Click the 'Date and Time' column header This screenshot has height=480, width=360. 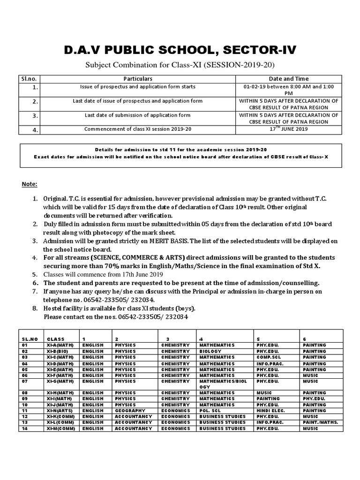click(288, 79)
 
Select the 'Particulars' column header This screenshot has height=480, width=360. click(138, 79)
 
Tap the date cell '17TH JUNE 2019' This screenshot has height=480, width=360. click(288, 129)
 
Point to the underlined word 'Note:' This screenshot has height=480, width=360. click(30, 184)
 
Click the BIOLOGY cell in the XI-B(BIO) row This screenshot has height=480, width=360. click(210, 351)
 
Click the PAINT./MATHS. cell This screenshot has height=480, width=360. click(320, 422)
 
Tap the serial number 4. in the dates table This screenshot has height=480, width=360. click(35, 130)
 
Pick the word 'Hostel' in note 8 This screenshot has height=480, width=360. click(53, 309)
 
